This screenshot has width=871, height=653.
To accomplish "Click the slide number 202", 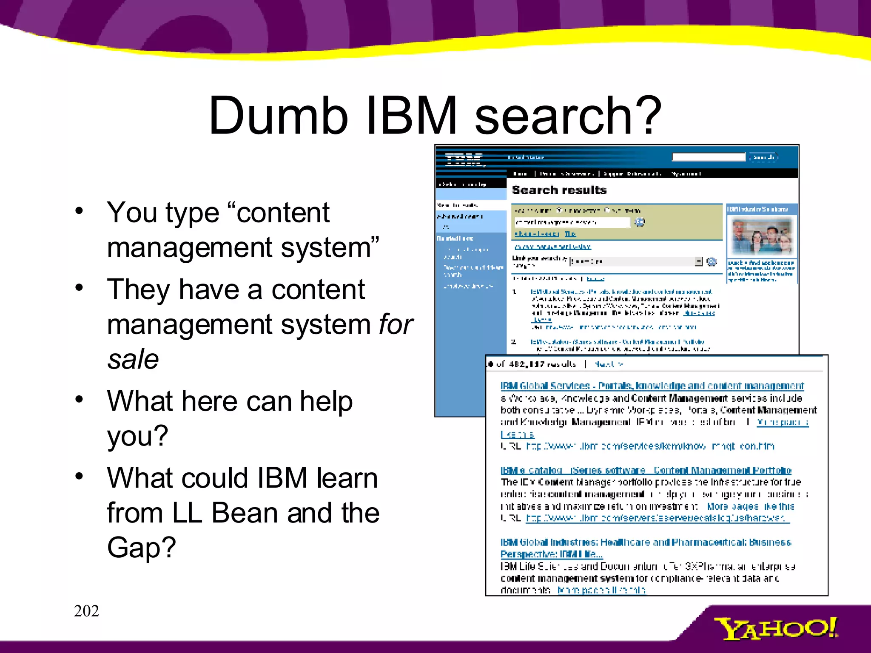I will tap(86, 611).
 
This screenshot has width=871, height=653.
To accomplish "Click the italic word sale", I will tap(133, 359).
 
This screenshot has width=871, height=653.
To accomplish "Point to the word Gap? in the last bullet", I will tap(141, 547).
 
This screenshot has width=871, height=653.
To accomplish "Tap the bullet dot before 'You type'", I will tap(79, 211).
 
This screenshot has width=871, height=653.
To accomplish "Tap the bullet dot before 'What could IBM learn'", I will tap(79, 476).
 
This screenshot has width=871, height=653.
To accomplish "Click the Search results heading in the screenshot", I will tap(559, 190).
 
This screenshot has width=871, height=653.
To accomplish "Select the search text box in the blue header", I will tap(708, 157).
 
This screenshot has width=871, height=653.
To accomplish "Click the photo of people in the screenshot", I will tap(761, 236).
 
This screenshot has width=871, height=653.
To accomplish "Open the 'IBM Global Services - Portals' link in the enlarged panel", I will tap(652, 386).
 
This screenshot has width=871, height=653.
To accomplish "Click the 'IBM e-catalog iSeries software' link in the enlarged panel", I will tap(646, 470).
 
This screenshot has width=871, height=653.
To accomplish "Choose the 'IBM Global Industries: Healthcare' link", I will tap(646, 542).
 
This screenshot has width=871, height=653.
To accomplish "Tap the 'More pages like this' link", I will tap(750, 506).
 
